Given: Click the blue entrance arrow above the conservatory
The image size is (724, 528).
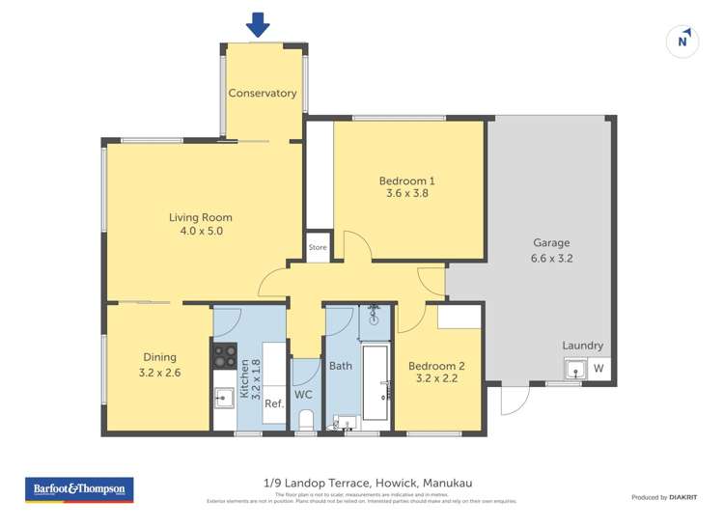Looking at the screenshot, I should [x=257, y=23].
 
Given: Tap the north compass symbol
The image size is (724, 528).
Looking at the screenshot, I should [x=682, y=42].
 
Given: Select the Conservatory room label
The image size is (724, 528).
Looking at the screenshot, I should [x=262, y=94].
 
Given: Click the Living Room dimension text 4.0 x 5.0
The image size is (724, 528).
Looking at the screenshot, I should [x=200, y=232].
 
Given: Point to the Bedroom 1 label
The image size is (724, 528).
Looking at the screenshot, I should [x=406, y=181].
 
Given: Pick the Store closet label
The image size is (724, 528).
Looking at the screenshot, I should [x=318, y=248].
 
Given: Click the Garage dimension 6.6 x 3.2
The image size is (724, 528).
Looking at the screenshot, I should [x=552, y=258].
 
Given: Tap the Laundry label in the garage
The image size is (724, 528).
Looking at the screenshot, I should [x=583, y=346].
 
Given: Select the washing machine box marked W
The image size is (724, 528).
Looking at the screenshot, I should [x=599, y=369].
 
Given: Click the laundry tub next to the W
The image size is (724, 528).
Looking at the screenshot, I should [x=575, y=369].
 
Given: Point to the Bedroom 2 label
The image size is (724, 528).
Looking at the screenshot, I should [x=436, y=366].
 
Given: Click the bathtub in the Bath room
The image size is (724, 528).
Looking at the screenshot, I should [x=375, y=382].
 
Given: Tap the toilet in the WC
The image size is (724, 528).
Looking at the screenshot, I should [x=304, y=419].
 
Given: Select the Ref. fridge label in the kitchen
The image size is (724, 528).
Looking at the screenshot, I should [x=273, y=403].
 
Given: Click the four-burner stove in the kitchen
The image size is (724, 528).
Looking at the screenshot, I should [x=224, y=355].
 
